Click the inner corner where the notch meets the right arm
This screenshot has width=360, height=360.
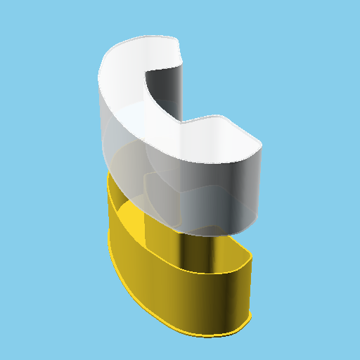click(x=184, y=123)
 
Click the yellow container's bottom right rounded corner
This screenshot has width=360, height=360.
click(x=243, y=325)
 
